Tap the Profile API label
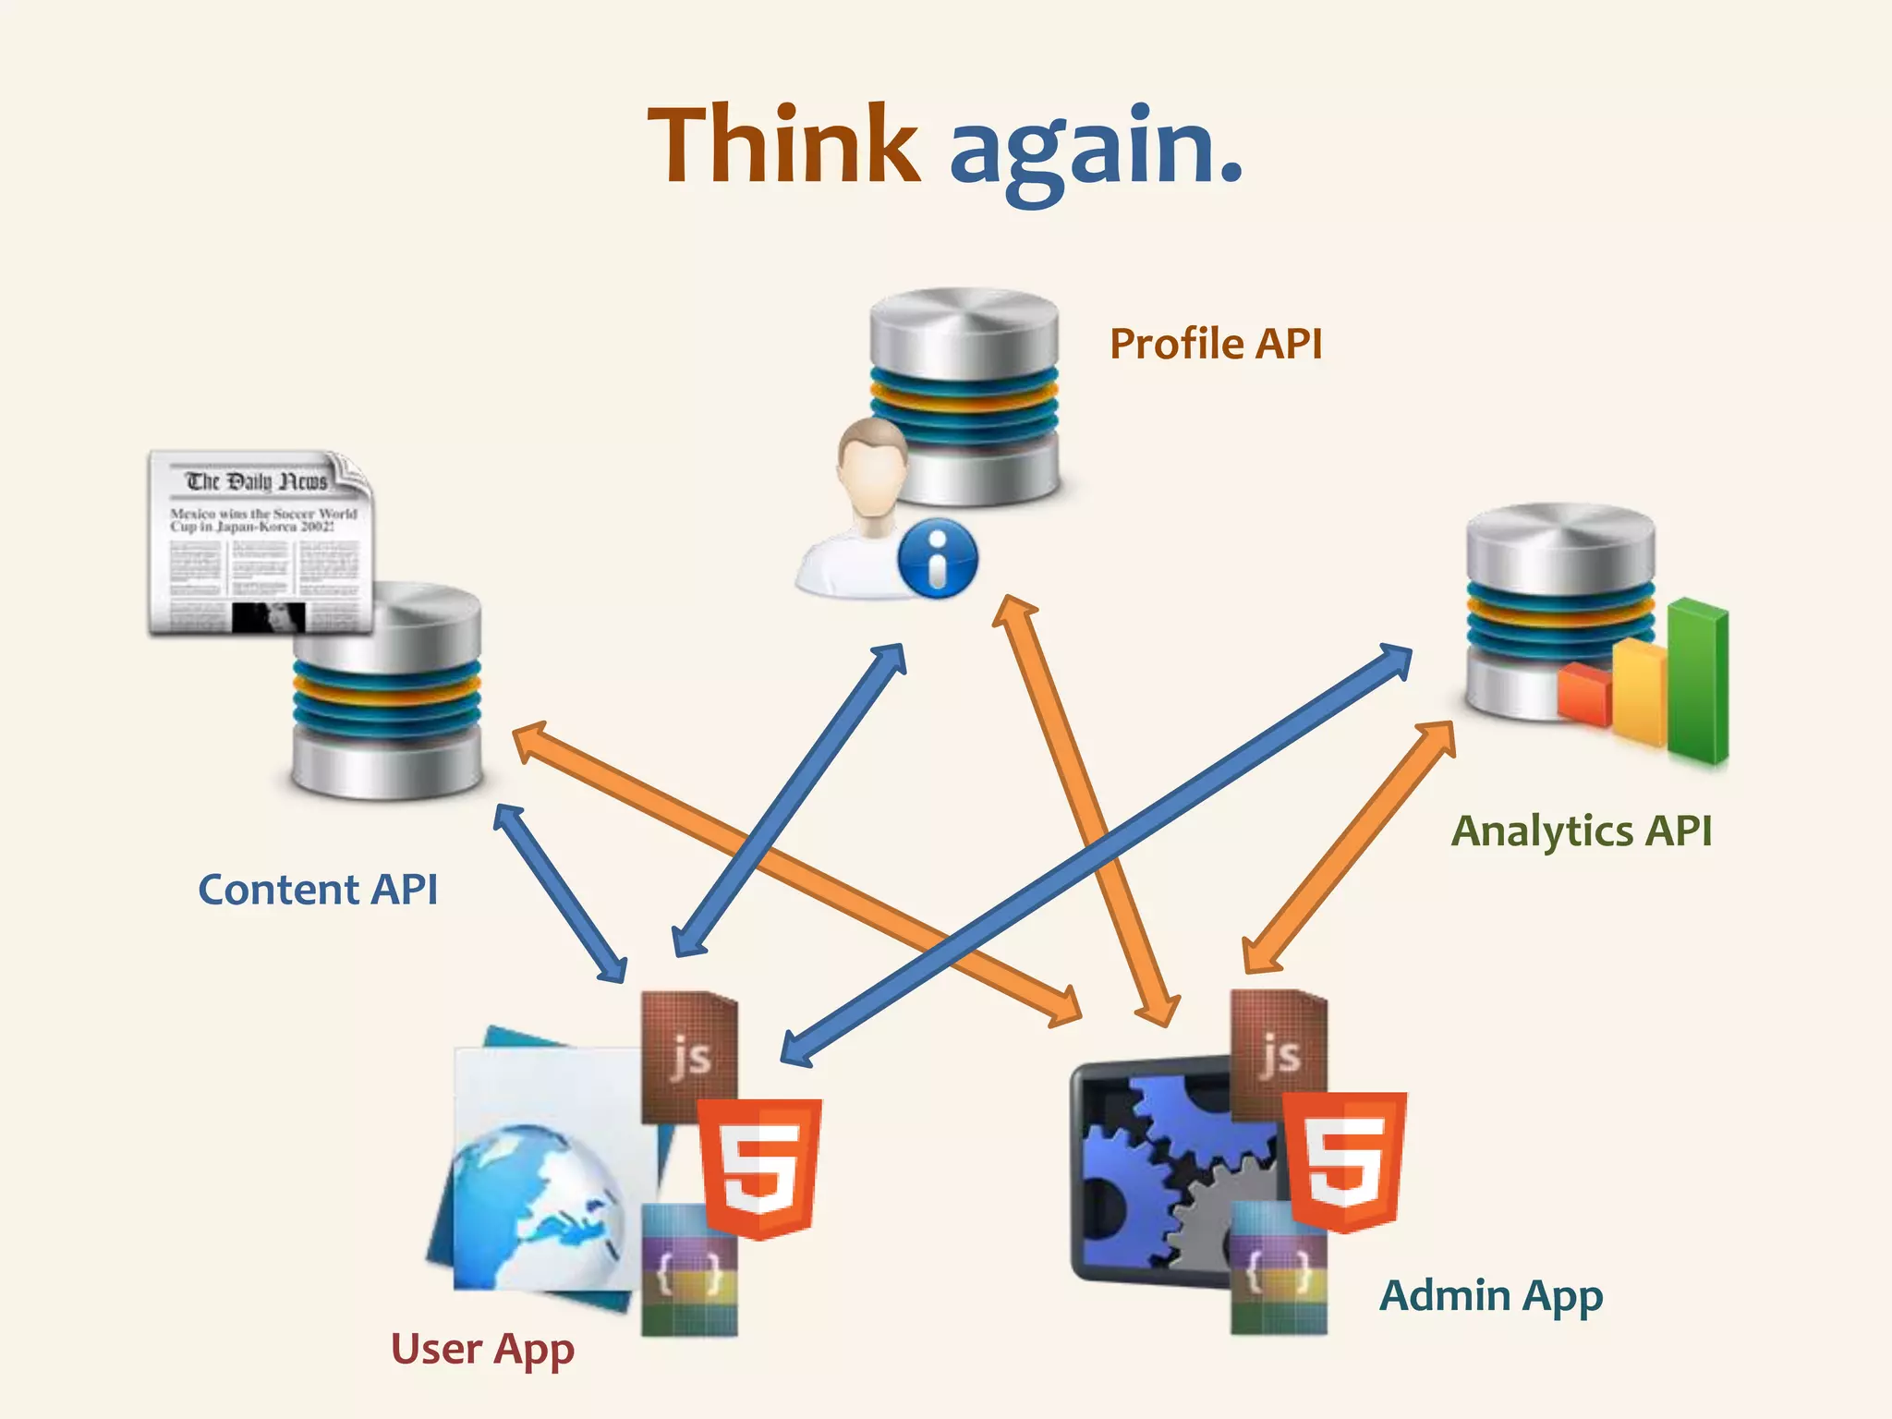[x=1216, y=344]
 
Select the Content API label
[x=318, y=890]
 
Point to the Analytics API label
[x=1582, y=831]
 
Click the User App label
[x=482, y=1349]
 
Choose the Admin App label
[x=1491, y=1295]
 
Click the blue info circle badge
[x=937, y=557]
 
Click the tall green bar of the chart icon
[x=1698, y=680]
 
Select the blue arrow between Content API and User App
[x=561, y=893]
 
